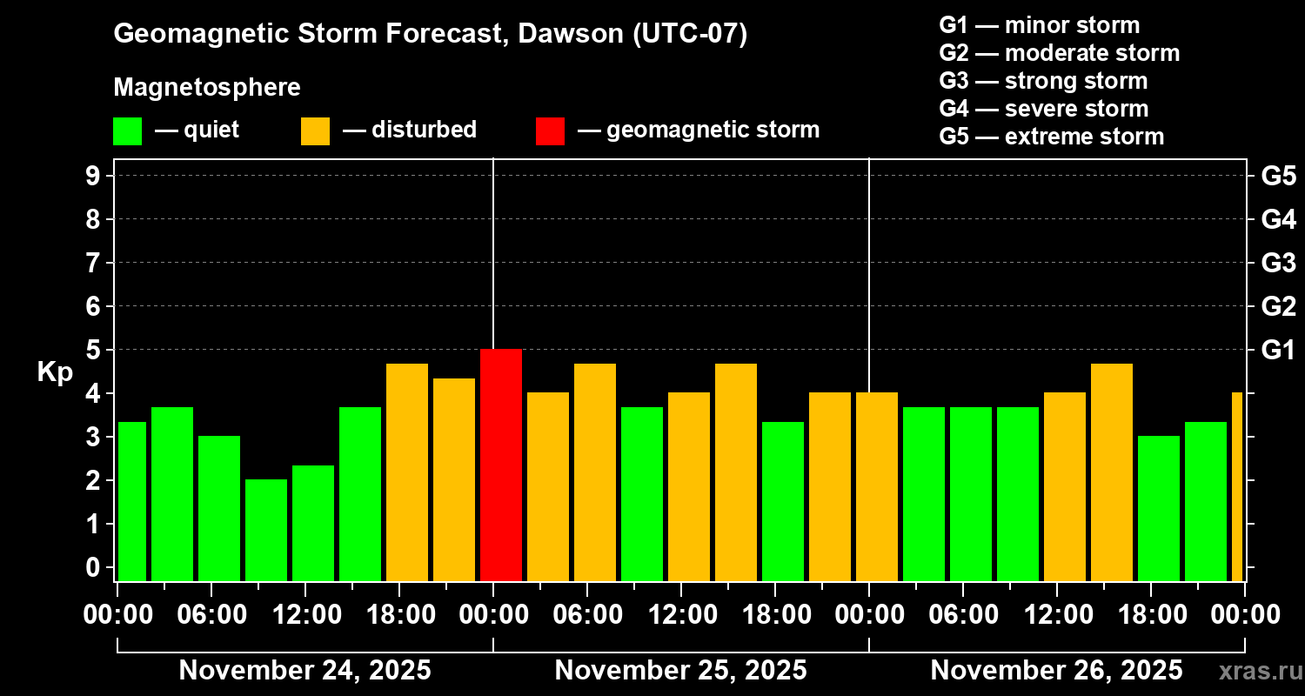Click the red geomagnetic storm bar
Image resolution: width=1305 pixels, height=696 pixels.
(501, 465)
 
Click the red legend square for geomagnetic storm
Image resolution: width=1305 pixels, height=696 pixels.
(550, 130)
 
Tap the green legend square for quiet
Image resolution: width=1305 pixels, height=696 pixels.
(127, 130)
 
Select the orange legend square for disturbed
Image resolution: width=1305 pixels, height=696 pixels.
(315, 130)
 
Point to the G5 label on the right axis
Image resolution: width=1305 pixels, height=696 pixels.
(1278, 177)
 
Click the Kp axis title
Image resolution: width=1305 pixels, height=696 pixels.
(55, 372)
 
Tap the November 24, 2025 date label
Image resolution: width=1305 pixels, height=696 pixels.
(304, 671)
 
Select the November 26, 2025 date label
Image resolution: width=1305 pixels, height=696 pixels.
(1056, 671)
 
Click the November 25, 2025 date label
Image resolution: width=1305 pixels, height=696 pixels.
(680, 671)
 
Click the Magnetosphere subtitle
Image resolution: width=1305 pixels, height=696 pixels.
(207, 88)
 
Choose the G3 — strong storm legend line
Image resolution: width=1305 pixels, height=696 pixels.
(1043, 81)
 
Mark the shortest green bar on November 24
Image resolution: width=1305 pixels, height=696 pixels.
(266, 530)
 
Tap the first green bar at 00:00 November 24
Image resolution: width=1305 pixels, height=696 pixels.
(132, 500)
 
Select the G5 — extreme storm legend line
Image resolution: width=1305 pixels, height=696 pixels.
(1051, 137)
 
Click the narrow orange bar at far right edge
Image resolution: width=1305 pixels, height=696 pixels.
(1237, 486)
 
